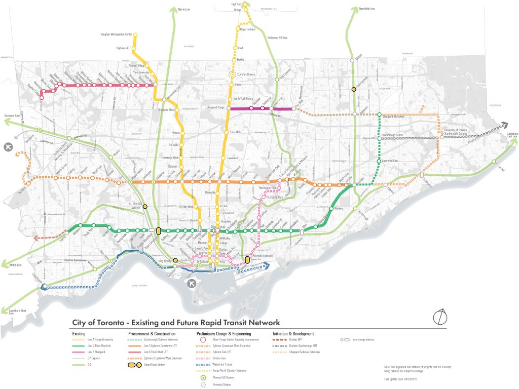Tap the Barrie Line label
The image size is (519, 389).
tap(183, 9)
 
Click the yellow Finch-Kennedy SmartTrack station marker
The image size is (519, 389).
tap(354, 89)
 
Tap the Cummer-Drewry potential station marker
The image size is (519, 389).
tap(232, 74)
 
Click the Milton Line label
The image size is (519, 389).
tap(15, 265)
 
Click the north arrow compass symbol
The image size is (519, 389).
tap(440, 317)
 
